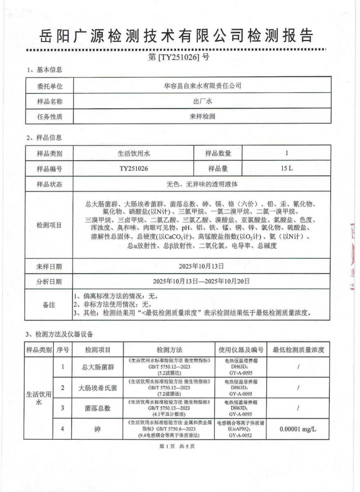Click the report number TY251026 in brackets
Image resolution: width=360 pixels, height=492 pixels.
click(x=179, y=57)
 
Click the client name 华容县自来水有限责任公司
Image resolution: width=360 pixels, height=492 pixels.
click(x=202, y=86)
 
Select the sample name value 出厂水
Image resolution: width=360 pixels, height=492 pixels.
click(x=202, y=101)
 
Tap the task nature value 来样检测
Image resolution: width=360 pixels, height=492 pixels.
click(x=202, y=116)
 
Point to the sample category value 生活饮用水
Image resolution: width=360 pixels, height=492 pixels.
click(x=134, y=153)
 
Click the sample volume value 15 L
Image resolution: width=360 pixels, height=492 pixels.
click(x=287, y=168)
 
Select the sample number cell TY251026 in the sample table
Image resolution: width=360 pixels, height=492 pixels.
click(x=134, y=168)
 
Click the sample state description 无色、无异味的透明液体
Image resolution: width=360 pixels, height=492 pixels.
click(x=202, y=184)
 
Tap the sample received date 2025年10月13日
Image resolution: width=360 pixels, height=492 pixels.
click(x=201, y=266)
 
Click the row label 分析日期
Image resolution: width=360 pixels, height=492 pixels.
click(x=49, y=281)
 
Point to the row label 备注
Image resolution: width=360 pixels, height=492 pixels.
click(x=49, y=305)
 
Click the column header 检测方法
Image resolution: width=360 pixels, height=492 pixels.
click(x=169, y=350)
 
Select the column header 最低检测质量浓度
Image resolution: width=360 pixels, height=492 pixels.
click(x=298, y=350)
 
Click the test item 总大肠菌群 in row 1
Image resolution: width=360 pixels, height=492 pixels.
click(x=98, y=367)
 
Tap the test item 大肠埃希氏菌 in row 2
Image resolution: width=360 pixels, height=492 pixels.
click(x=98, y=388)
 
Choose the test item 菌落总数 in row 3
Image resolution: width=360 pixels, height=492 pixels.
click(x=98, y=409)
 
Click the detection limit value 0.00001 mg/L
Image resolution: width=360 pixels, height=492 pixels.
click(x=298, y=429)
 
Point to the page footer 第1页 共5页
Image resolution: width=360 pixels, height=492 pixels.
click(x=177, y=446)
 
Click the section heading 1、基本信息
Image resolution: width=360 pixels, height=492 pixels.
click(x=44, y=70)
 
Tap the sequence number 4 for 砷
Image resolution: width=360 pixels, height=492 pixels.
click(x=63, y=429)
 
